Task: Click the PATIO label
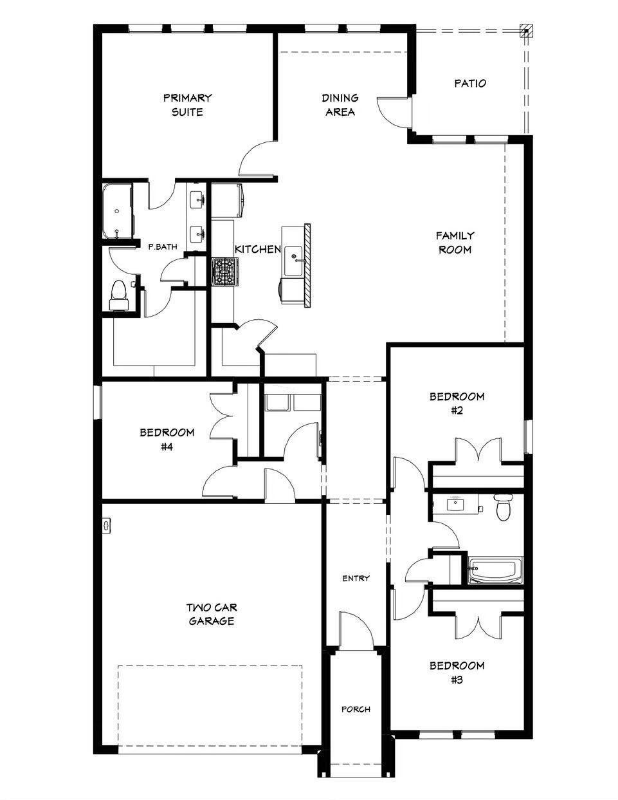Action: pyautogui.click(x=470, y=83)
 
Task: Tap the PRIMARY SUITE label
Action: pyautogui.click(x=187, y=105)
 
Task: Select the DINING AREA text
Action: pyautogui.click(x=340, y=105)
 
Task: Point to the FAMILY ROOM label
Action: pyautogui.click(x=455, y=243)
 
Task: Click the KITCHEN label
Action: pyautogui.click(x=257, y=250)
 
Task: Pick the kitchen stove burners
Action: pyautogui.click(x=225, y=271)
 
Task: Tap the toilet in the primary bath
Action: pyautogui.click(x=118, y=293)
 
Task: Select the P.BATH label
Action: pyautogui.click(x=163, y=246)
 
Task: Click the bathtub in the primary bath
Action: pyautogui.click(x=117, y=211)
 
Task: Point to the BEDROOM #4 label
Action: pyautogui.click(x=167, y=439)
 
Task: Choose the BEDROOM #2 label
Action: pyautogui.click(x=457, y=404)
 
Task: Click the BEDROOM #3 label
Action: pyautogui.click(x=457, y=672)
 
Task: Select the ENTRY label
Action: pyautogui.click(x=356, y=579)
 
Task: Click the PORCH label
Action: pyautogui.click(x=356, y=709)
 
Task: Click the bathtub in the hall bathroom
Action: pyautogui.click(x=496, y=571)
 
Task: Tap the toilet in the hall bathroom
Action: pyautogui.click(x=503, y=507)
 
